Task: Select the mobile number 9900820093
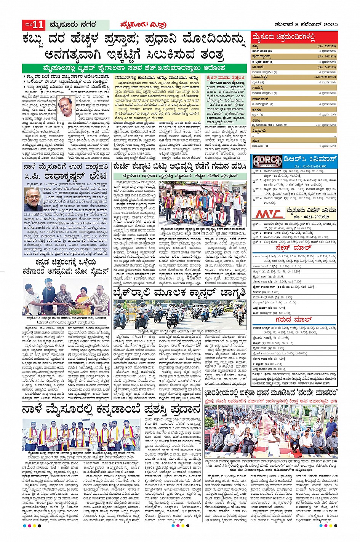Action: point(326,77)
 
